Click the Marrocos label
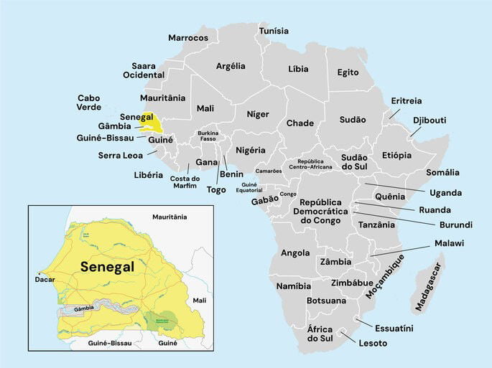[x=188, y=37]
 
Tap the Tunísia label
[x=274, y=31]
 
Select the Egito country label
[x=348, y=72]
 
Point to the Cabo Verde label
[x=89, y=103]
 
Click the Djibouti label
[x=430, y=120]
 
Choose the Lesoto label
[x=373, y=343]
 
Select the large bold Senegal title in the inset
[x=107, y=267]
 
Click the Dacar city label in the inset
[x=45, y=280]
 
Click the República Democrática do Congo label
[x=324, y=211]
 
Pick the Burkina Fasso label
[x=208, y=136]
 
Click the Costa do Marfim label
[x=184, y=182]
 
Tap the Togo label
[x=216, y=189]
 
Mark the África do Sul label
[x=320, y=334]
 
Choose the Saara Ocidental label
[x=144, y=70]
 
